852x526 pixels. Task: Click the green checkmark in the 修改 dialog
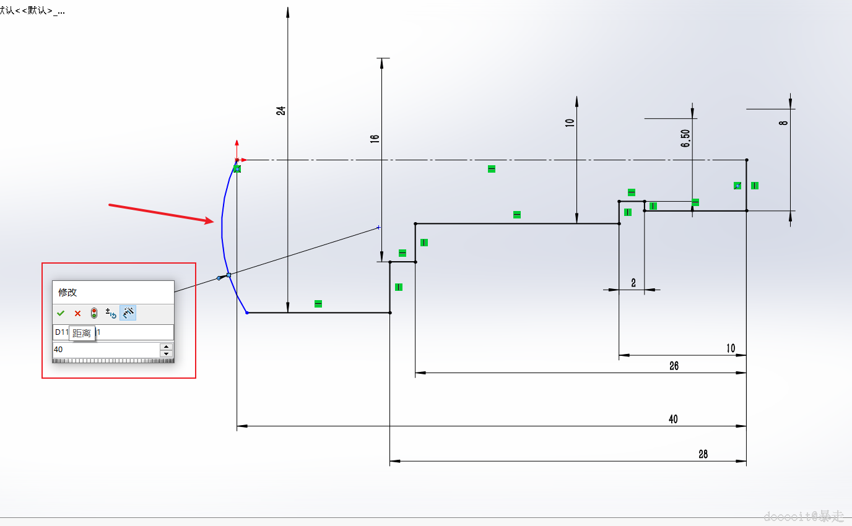[x=61, y=313]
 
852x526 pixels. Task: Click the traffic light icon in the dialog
[x=94, y=313]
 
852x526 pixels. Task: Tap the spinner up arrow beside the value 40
[x=166, y=347]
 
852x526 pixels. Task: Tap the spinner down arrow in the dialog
[x=166, y=354]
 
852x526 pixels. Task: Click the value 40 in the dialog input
[x=58, y=350]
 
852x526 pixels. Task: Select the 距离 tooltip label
[x=82, y=333]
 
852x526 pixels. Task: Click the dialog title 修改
[x=67, y=293]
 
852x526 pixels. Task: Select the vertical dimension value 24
[x=281, y=111]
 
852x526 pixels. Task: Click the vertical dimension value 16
[x=375, y=139]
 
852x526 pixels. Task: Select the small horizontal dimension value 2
[x=633, y=283]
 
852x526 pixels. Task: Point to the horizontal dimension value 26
[x=674, y=366]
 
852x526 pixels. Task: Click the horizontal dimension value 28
[x=703, y=454]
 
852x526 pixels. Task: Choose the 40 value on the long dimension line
[x=673, y=419]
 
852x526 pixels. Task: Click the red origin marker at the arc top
[x=237, y=160]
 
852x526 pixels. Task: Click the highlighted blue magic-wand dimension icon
[x=128, y=313]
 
